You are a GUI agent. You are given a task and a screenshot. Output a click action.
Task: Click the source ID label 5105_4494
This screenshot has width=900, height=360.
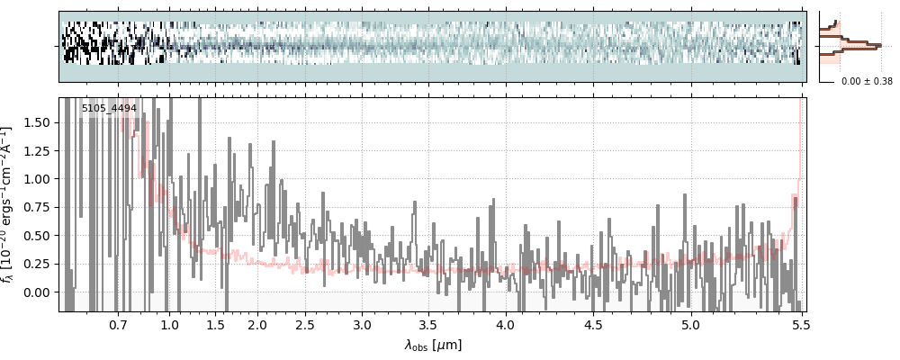click(x=109, y=109)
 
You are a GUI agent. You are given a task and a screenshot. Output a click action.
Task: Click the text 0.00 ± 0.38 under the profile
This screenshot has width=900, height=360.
click(x=867, y=81)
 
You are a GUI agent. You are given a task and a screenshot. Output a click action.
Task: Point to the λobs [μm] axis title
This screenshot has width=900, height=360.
click(x=433, y=344)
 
